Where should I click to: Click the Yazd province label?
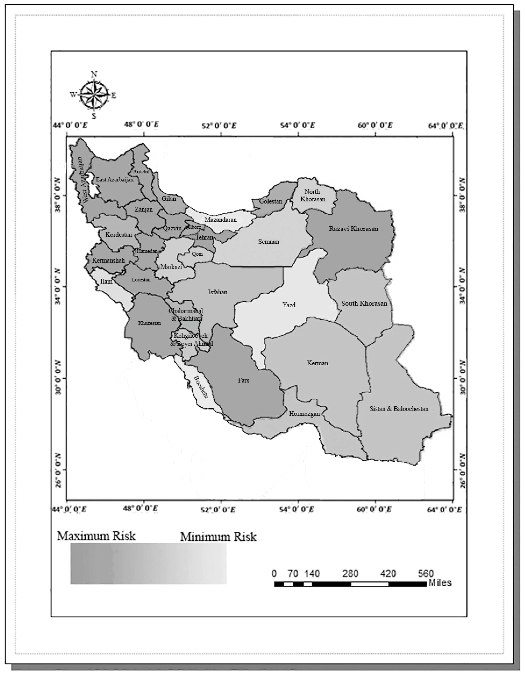[289, 305]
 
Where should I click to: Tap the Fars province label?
[243, 380]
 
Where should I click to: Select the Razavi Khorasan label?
[354, 229]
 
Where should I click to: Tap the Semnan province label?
[269, 242]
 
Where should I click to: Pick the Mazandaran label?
[221, 220]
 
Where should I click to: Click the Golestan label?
[271, 201]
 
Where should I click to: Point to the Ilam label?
[106, 282]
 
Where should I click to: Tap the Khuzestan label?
[150, 323]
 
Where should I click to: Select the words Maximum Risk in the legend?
[96, 536]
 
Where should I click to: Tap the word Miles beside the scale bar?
[440, 583]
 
